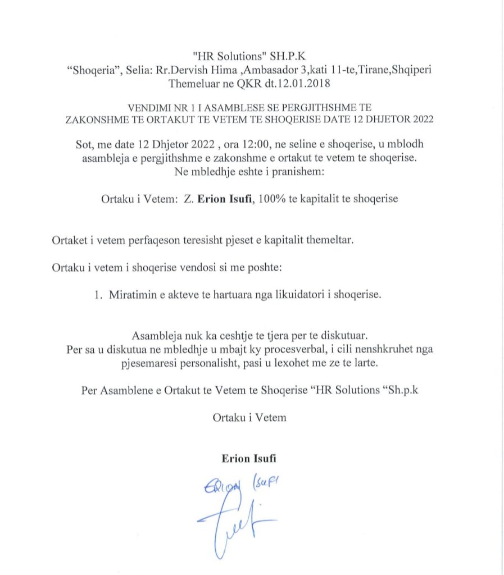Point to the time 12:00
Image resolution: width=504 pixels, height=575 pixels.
point(201,144)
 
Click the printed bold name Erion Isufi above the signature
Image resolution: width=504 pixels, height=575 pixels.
point(249,458)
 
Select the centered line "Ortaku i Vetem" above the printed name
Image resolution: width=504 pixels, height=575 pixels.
point(249,417)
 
